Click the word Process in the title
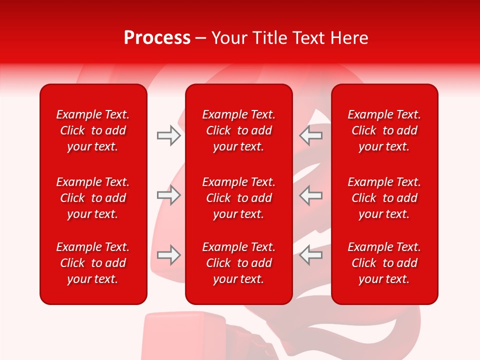(157, 38)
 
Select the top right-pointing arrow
(168, 135)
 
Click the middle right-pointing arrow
(168, 195)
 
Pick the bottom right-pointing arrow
(168, 255)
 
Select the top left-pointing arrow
(310, 135)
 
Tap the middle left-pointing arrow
(310, 195)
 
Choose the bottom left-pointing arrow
(310, 255)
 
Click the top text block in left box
(93, 130)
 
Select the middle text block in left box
(93, 198)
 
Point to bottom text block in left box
(93, 263)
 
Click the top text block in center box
(239, 130)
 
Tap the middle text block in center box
(239, 198)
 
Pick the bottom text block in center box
(239, 263)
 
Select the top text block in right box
(384, 130)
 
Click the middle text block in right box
(384, 198)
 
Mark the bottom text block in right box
(384, 263)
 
